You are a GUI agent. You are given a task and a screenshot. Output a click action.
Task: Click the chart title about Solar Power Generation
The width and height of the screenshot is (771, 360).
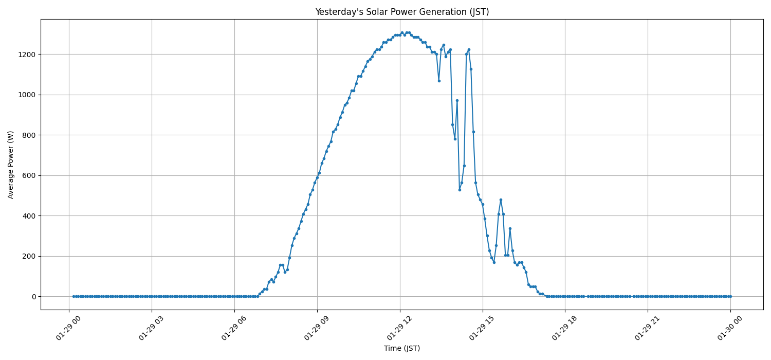pos(402,12)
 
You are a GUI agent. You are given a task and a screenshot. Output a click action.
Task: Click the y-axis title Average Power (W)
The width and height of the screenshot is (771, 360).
pos(11,165)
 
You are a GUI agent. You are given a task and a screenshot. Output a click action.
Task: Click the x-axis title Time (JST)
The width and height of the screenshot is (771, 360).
pos(402,348)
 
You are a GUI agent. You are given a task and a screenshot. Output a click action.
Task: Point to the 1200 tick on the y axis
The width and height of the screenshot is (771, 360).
pos(27,55)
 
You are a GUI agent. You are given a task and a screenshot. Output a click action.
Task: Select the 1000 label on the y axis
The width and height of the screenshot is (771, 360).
pos(27,95)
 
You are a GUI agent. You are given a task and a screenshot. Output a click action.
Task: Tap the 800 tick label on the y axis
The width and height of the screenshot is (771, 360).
pos(29,135)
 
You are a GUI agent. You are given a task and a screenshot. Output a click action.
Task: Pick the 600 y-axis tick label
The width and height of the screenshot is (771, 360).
pos(29,175)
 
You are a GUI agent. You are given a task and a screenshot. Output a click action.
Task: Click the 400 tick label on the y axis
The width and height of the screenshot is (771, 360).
pos(29,216)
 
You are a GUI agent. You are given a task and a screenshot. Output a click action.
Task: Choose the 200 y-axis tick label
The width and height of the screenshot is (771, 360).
pos(29,256)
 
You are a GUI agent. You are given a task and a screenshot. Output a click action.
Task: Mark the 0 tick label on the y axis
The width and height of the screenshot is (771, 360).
pos(33,297)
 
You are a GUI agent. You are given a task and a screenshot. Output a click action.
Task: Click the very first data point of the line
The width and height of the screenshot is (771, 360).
pos(74,296)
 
